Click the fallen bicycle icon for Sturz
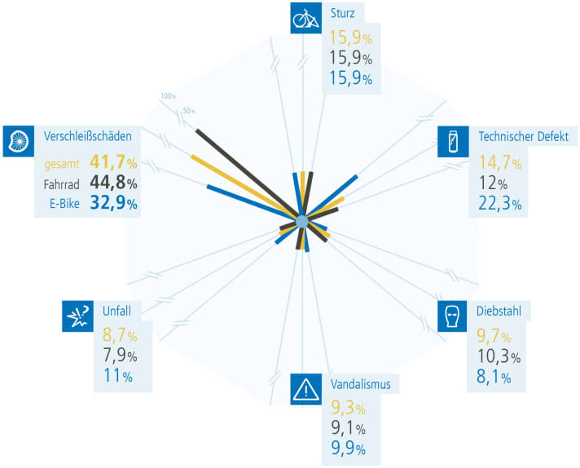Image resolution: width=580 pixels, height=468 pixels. tap(305, 19)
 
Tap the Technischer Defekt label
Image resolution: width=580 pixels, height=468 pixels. tap(523, 136)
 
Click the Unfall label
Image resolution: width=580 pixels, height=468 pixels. tap(116, 309)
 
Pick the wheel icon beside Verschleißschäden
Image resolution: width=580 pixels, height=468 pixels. tap(18, 140)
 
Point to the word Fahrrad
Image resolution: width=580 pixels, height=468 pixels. tap(61, 183)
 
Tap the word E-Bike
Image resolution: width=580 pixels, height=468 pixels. tap(64, 204)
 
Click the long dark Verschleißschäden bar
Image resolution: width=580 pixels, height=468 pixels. tap(244, 171)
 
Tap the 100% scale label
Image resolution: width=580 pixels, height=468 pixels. tap(169, 96)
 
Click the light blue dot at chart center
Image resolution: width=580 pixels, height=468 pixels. tap(302, 221)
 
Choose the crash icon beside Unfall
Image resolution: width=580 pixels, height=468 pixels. tap(77, 316)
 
